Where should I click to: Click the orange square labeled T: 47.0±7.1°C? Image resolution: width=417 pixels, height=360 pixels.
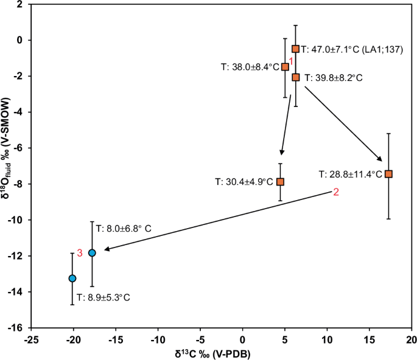click(x=296, y=49)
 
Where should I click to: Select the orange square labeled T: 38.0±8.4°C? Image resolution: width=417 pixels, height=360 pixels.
click(x=285, y=67)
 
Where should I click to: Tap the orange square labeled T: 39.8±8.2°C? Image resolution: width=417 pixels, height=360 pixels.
click(x=296, y=77)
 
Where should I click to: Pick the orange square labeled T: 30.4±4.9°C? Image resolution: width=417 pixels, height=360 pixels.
click(x=280, y=181)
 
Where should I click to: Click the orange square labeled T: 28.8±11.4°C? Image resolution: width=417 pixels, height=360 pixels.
click(x=388, y=174)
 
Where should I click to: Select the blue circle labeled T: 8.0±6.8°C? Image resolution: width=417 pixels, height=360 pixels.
click(x=92, y=253)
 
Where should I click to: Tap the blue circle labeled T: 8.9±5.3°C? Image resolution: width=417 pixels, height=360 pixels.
click(x=72, y=278)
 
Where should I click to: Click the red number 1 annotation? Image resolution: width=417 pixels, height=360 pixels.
click(x=291, y=61)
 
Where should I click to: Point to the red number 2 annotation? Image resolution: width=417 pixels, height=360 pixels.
click(x=335, y=192)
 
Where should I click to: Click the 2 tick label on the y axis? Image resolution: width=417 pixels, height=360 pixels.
click(x=21, y=4)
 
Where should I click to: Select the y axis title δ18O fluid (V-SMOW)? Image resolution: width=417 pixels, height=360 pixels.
click(x=7, y=165)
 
